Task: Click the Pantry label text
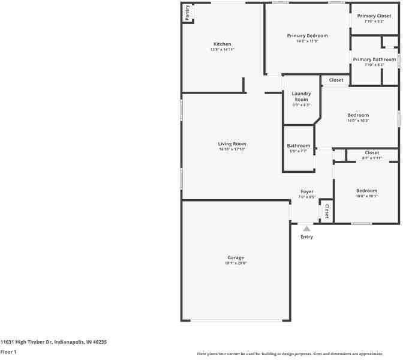click(x=188, y=13)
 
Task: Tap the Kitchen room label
click(x=222, y=44)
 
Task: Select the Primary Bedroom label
click(x=307, y=35)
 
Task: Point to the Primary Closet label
click(x=374, y=16)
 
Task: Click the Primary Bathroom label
click(x=374, y=59)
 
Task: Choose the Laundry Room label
click(x=301, y=96)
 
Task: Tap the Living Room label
click(x=232, y=143)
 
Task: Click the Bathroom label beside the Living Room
click(x=298, y=146)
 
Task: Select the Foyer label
click(x=306, y=191)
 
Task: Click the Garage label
click(x=235, y=257)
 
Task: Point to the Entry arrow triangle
click(x=306, y=228)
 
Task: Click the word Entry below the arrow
click(x=306, y=236)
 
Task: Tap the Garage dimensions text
click(x=235, y=263)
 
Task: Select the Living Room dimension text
click(x=232, y=149)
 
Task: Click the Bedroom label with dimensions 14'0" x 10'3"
click(x=358, y=115)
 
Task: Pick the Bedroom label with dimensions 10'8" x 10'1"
click(x=366, y=190)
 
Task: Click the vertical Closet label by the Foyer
click(x=327, y=211)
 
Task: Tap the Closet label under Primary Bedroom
click(x=336, y=80)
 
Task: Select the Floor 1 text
click(x=8, y=352)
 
